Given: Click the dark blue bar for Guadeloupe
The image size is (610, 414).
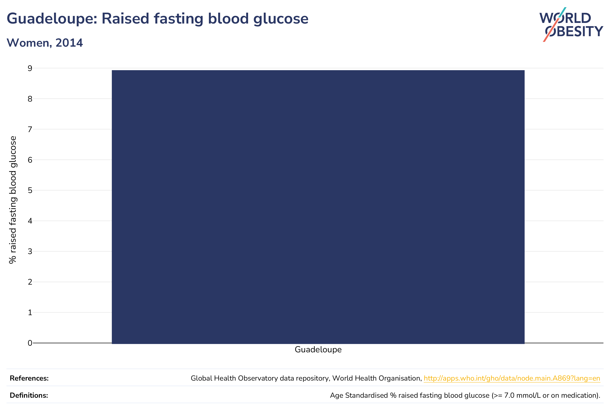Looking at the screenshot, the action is coord(318,207).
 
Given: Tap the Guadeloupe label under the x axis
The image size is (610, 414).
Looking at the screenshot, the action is coord(318,350).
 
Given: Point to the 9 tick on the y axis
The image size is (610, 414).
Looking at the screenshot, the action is coord(30,68).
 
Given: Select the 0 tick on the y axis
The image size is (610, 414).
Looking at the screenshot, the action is coord(30,343).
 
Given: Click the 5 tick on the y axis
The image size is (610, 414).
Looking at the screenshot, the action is coord(30,190).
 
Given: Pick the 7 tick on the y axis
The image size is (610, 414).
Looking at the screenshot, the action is coord(30,129).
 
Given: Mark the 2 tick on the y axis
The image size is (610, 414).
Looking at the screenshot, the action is coord(30,282).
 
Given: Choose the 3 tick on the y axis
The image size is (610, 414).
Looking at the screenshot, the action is coord(30,251).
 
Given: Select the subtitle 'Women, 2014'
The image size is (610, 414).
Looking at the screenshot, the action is coord(45,43).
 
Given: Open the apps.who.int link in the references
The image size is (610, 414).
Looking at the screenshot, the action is coord(512,378).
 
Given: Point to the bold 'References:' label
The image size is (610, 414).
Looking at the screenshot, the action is coord(29,378).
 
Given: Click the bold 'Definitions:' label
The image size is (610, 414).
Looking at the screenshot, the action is coord(29,395).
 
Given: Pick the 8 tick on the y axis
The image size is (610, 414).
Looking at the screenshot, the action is coord(30,99).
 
